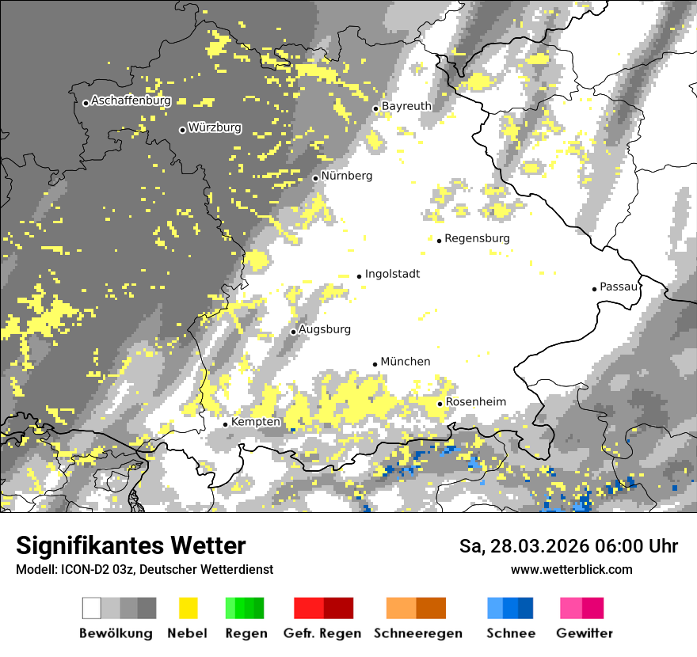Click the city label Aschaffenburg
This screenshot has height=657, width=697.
(x=131, y=101)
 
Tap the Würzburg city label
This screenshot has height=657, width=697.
(x=215, y=127)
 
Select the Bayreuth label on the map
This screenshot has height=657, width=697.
(x=406, y=106)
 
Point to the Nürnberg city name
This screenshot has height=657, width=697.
(x=346, y=176)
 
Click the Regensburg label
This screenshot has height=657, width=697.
(x=477, y=238)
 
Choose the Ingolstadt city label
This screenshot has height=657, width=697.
(x=392, y=274)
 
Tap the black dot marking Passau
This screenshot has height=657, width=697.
(x=594, y=289)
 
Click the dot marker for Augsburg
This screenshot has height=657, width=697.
(x=293, y=332)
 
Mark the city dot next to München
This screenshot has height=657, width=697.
(x=375, y=364)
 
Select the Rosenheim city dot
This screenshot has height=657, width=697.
(x=440, y=404)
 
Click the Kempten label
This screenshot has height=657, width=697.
(x=255, y=422)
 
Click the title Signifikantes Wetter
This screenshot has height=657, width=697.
(x=131, y=545)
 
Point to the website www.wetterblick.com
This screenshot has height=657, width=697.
(x=571, y=569)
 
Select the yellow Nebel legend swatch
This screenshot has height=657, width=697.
(x=188, y=608)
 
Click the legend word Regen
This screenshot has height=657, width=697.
(x=246, y=633)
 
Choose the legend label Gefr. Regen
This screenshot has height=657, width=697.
(x=322, y=633)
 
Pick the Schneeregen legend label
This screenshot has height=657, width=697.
(x=417, y=633)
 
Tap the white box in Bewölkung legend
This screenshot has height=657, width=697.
(x=92, y=608)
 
